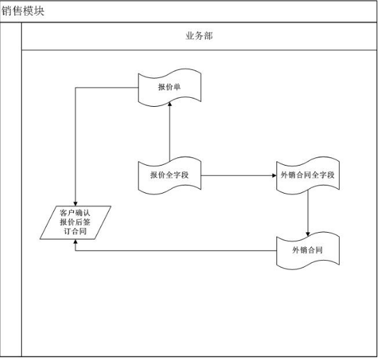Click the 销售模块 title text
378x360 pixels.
tap(23, 11)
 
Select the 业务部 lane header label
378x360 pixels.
tap(199, 36)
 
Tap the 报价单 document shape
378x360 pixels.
tap(170, 88)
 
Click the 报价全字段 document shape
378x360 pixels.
tap(170, 175)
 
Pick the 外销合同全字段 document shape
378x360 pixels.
tap(308, 175)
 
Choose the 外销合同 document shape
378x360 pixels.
tap(308, 250)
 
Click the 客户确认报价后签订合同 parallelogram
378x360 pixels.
tap(75, 222)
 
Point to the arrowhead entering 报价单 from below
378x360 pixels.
tap(170, 104)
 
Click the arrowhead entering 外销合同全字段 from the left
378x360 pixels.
tap(274, 175)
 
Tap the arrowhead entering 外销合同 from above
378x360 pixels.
tap(308, 234)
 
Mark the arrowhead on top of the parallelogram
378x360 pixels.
tap(75, 203)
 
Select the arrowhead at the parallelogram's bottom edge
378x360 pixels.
tap(75, 242)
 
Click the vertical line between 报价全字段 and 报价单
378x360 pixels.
tap(170, 131)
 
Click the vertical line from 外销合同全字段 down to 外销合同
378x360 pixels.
tap(308, 213)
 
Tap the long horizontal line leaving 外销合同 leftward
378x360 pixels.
tap(176, 250)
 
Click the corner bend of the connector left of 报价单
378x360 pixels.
tap(75, 88)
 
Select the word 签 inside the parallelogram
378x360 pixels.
tap(86, 222)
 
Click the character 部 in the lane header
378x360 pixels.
tap(208, 36)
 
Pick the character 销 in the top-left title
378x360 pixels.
tap(7, 11)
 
